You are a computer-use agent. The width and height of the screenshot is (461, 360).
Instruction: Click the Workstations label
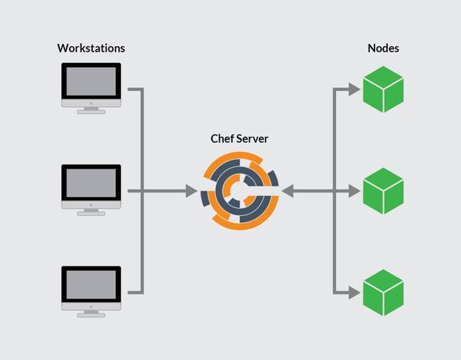91,48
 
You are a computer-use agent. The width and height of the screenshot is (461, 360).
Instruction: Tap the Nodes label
383,48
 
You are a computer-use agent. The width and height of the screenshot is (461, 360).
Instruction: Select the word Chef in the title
223,139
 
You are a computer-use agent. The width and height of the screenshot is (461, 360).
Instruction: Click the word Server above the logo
253,139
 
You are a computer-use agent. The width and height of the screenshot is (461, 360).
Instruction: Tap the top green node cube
383,89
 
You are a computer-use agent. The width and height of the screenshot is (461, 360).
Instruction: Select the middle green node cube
383,191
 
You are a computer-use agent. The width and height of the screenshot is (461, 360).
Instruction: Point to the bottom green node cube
383,292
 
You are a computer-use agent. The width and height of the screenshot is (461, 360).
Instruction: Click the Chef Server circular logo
240,191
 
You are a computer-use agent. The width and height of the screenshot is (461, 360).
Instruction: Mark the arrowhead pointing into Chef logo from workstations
192,191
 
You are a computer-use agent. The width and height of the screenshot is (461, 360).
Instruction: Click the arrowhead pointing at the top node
355,89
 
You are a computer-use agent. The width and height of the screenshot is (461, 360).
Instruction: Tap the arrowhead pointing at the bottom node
355,292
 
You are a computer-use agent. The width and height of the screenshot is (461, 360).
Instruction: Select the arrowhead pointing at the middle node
355,191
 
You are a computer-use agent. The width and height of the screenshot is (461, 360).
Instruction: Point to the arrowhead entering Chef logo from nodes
288,191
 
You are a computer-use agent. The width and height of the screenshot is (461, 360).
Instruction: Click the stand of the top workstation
91,110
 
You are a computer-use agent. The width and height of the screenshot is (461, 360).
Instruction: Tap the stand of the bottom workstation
91,314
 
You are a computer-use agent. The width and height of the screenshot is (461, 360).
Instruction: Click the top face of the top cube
383,76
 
